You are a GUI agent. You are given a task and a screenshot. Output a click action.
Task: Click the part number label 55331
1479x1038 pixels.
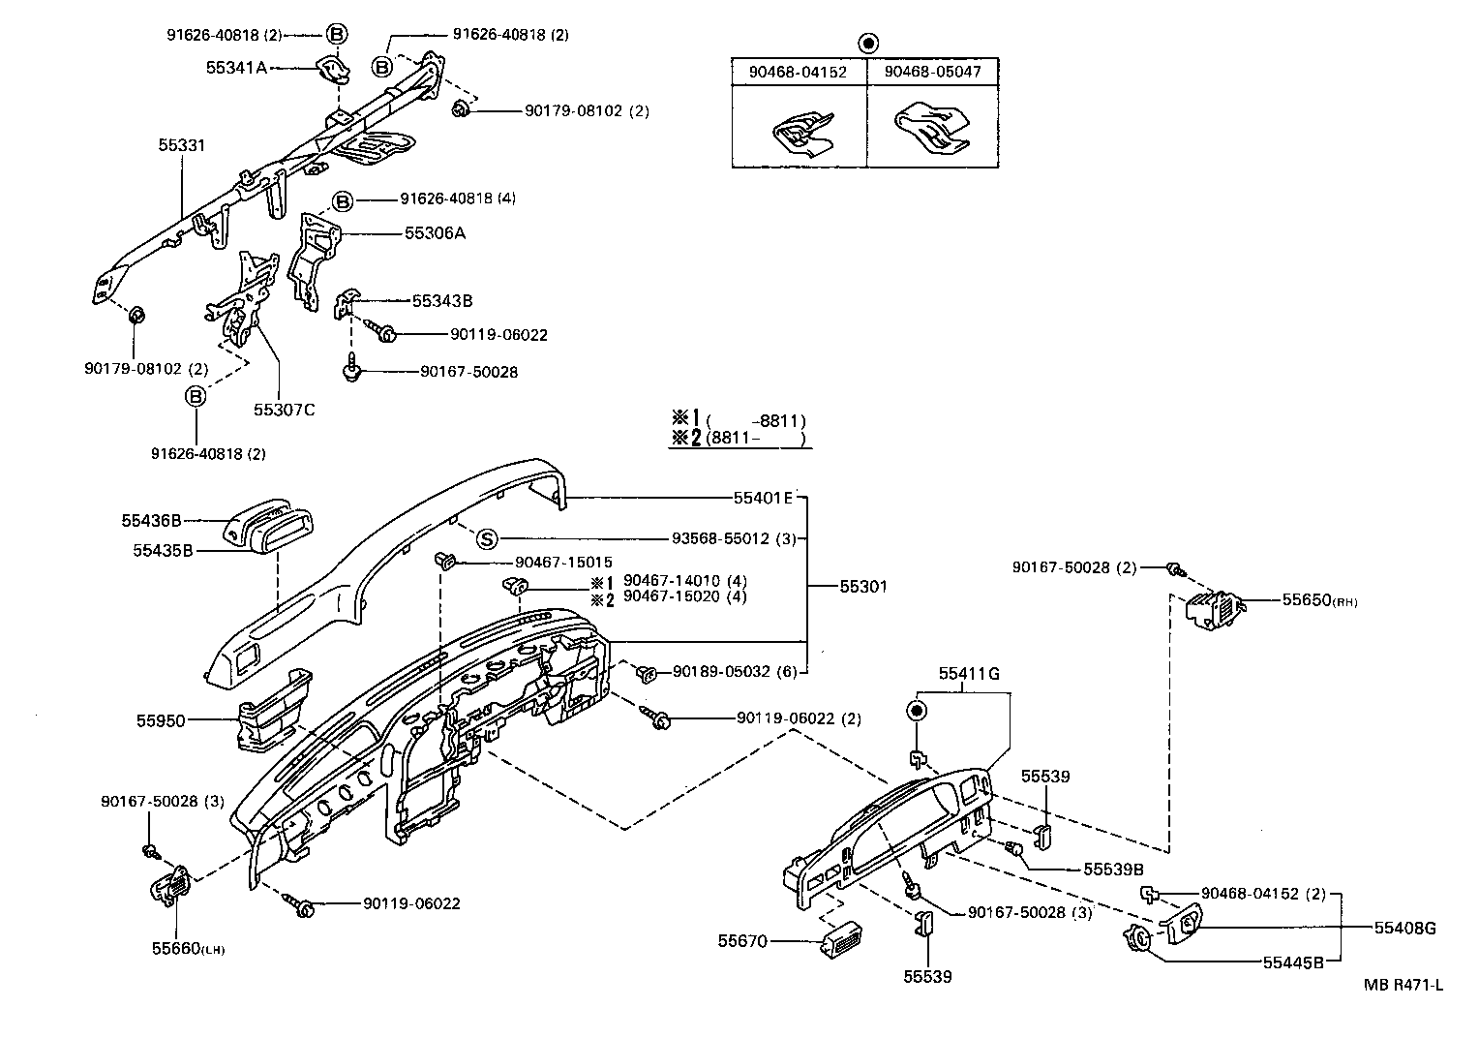182,145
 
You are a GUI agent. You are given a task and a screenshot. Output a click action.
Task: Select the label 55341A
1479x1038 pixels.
235,68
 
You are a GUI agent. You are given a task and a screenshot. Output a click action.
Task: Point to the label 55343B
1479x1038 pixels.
441,301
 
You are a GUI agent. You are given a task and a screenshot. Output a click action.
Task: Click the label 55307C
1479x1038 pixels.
285,410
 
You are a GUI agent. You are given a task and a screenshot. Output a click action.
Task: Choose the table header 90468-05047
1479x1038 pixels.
932,72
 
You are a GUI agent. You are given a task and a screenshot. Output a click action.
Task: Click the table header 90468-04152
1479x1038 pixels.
798,72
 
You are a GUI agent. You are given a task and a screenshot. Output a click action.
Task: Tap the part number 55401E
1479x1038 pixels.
763,499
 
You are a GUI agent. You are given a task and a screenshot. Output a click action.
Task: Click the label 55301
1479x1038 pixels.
862,587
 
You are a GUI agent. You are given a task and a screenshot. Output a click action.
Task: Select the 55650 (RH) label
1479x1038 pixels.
1319,600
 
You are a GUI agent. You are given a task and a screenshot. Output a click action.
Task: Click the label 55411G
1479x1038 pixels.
968,673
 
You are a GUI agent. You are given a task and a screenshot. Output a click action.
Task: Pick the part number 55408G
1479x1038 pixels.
1404,929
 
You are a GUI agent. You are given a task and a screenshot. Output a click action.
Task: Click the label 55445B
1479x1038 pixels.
1292,962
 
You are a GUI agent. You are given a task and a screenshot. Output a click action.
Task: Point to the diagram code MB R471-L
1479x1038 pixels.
1404,986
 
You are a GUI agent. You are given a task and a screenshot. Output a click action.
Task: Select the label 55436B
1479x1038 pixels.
151,521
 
